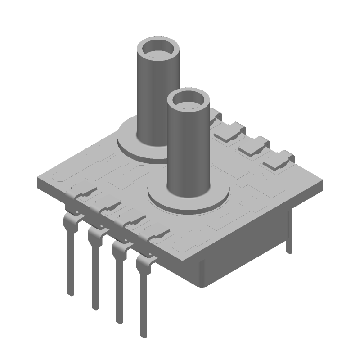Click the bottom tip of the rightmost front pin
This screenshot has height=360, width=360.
[144, 335]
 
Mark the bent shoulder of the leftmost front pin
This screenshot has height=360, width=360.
[68, 220]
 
